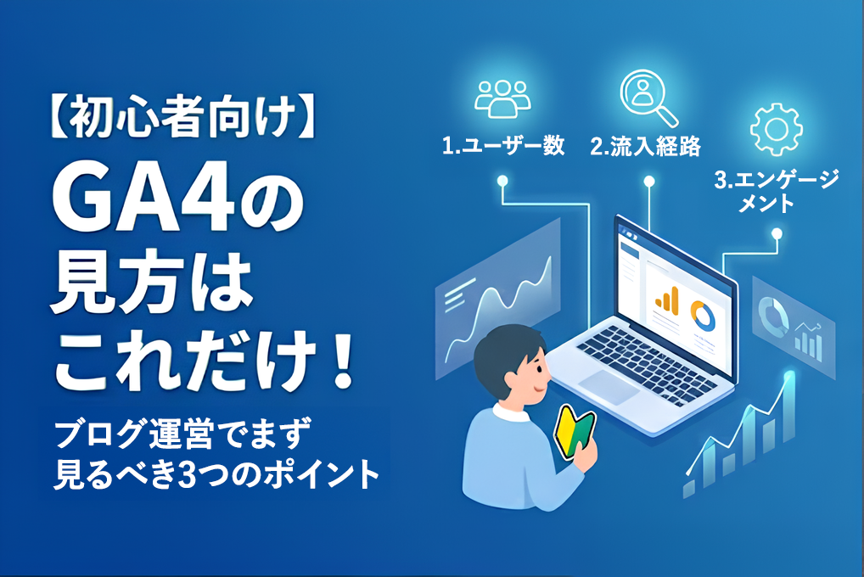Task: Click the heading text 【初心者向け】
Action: pyautogui.click(x=182, y=117)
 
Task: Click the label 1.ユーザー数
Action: pyautogui.click(x=503, y=145)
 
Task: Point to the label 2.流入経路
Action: pyautogui.click(x=645, y=146)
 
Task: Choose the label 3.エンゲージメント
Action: pyautogui.click(x=776, y=191)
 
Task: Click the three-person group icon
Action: pyautogui.click(x=502, y=98)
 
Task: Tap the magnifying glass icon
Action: pyautogui.click(x=648, y=98)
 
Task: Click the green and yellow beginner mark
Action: pyautogui.click(x=575, y=432)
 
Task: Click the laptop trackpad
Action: pyautogui.click(x=608, y=386)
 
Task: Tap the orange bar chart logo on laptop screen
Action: pyautogui.click(x=667, y=300)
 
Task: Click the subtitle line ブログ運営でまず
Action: pyautogui.click(x=182, y=434)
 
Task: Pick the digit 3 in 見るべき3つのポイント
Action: pyautogui.click(x=189, y=475)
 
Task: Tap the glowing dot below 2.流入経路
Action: pyautogui.click(x=649, y=181)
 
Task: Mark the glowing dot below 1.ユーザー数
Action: pyautogui.click(x=502, y=180)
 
